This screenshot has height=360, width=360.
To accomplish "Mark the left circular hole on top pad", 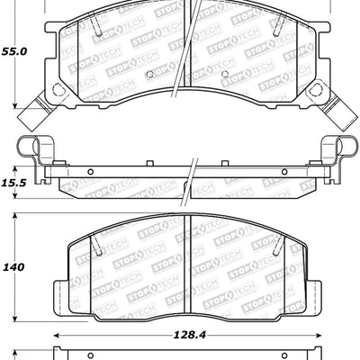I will [x=60, y=91].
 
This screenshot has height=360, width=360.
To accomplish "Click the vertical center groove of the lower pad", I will [x=184, y=265].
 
